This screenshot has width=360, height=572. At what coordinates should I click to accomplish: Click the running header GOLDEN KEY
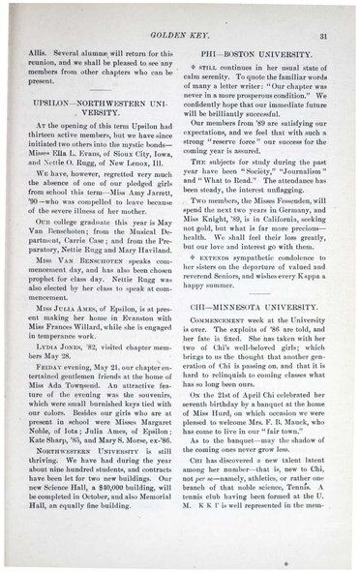(x=183, y=35)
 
